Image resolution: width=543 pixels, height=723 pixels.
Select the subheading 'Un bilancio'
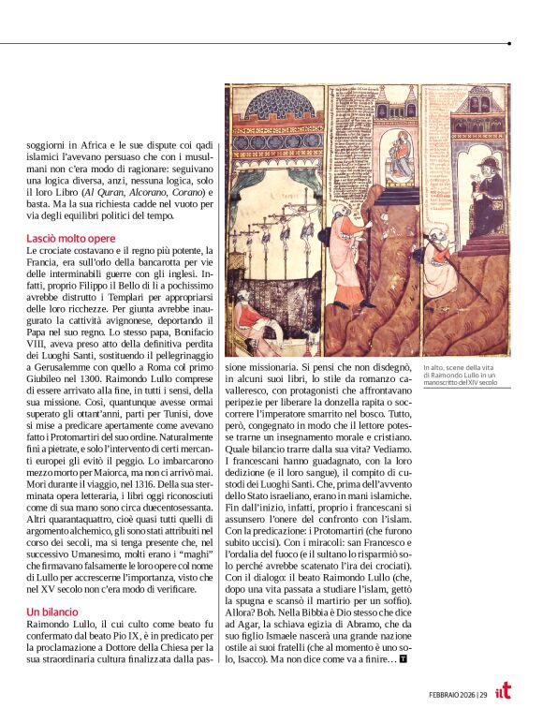(51, 611)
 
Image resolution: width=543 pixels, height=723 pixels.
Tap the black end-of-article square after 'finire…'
(403, 659)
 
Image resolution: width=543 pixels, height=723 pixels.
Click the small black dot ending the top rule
(509, 43)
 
